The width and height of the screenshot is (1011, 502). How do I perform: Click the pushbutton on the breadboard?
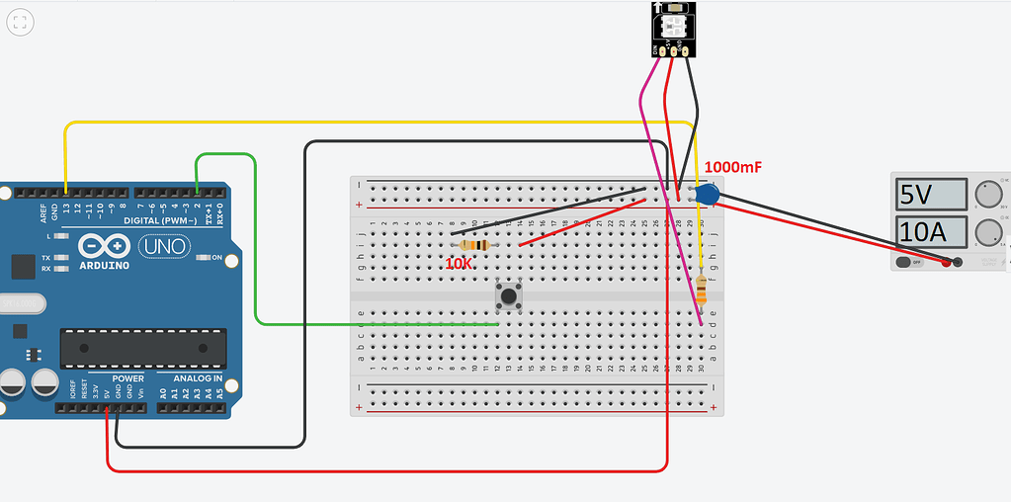click(x=509, y=295)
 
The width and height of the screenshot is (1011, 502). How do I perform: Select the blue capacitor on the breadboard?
click(x=706, y=195)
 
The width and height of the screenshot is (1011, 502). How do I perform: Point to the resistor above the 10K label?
click(x=475, y=245)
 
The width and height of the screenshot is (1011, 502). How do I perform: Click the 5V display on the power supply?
click(x=930, y=195)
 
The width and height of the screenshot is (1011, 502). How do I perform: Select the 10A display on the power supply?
click(x=930, y=233)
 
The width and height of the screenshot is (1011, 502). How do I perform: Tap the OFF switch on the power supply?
click(x=908, y=263)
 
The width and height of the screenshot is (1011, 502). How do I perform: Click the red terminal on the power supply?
click(x=946, y=263)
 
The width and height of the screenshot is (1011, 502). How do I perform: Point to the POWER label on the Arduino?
click(x=127, y=378)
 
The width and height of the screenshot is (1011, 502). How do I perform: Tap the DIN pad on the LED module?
click(x=656, y=49)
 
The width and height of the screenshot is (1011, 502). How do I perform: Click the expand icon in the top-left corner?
click(x=20, y=21)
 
